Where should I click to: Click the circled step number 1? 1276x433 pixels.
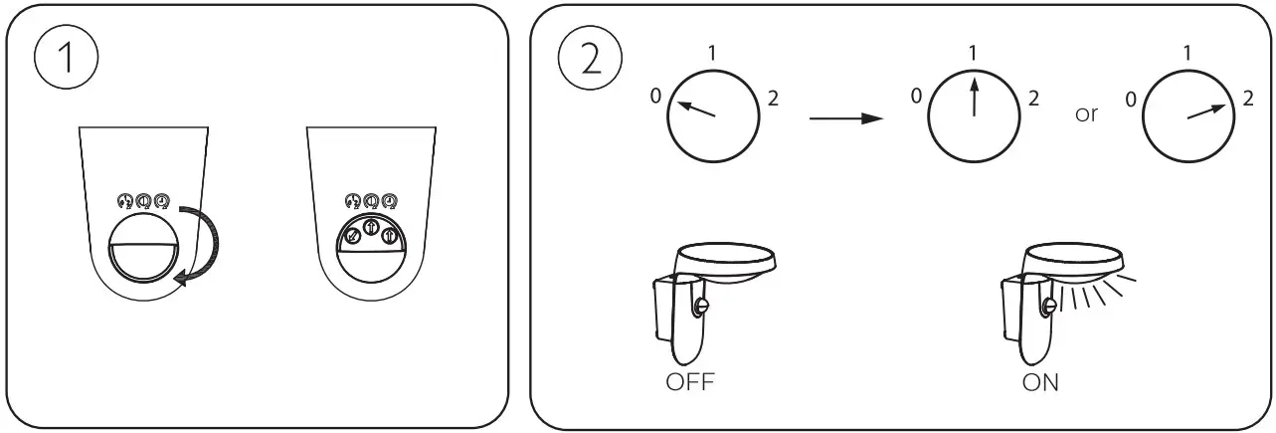66,57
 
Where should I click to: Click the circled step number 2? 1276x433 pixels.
590,57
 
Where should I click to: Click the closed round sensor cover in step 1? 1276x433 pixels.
143,249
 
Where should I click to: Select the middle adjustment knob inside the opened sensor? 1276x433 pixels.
371,227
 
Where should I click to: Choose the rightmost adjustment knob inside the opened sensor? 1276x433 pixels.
390,235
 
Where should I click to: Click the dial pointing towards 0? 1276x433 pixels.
713,116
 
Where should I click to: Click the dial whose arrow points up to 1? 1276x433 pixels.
974,116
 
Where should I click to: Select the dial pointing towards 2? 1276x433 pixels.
1188,116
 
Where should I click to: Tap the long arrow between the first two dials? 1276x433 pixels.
846,118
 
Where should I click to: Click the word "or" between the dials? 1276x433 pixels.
1086,114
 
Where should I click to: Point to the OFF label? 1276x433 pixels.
690,381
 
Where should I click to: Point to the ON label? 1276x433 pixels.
1040,382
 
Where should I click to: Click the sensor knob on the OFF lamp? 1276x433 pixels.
700,307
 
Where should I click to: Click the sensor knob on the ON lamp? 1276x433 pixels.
1048,307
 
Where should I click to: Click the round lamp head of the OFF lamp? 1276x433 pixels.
725,263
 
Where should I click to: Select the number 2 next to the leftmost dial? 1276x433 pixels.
773,99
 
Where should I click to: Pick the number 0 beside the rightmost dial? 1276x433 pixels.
1131,100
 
